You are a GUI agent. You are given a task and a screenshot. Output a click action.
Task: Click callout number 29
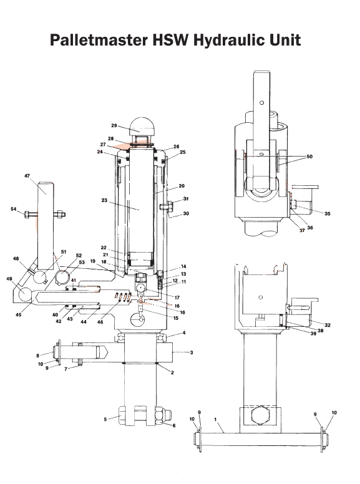(114, 125)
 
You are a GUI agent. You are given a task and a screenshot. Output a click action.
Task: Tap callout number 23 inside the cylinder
(105, 201)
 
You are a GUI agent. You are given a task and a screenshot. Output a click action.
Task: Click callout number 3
(192, 352)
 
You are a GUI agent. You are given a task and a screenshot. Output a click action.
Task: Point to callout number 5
(105, 419)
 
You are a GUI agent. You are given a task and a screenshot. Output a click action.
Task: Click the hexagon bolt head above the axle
(258, 415)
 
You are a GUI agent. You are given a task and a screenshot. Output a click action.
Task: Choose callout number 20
(182, 185)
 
